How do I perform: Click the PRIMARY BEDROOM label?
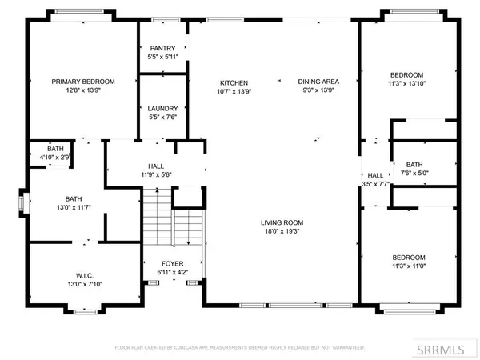coord(83,82)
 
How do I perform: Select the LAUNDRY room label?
coord(162,108)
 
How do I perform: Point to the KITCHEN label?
coord(234,82)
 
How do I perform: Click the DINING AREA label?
coord(318,82)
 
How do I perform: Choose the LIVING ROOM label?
coord(282,222)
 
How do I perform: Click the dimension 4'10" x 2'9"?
coord(55,158)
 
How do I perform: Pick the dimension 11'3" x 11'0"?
coord(408,267)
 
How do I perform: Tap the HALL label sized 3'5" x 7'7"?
coord(375,183)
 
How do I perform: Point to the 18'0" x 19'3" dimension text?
coord(282,232)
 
